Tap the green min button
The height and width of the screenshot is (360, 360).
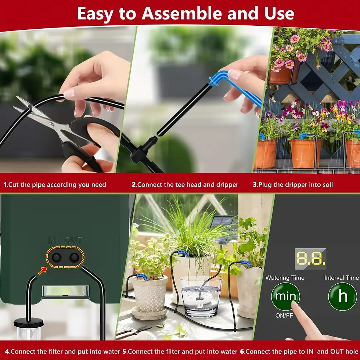285,296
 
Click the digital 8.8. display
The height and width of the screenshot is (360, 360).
310,259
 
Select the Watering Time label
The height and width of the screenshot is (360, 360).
285,278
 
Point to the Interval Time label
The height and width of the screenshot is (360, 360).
341,278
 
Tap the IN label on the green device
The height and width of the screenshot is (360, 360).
52,240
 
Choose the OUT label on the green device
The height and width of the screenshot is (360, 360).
73,240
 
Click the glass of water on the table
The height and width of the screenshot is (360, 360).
201,296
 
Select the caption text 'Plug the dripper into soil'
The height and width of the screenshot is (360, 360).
293,184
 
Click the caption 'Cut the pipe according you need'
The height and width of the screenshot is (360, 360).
55,184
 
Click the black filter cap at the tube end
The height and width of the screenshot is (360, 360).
28,323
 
